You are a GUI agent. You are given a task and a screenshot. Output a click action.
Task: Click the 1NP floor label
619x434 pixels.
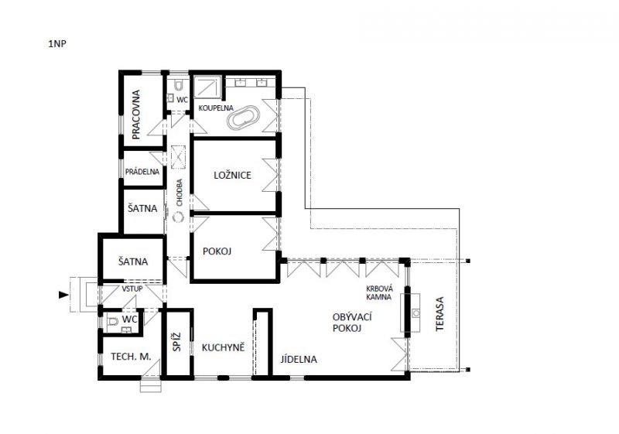[x=57, y=44]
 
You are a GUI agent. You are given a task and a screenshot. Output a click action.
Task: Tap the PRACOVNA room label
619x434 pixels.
[x=136, y=114]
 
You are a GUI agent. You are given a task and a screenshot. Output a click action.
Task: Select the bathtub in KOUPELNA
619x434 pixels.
[x=243, y=117]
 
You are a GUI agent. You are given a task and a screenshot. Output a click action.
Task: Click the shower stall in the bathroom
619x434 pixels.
[x=207, y=87]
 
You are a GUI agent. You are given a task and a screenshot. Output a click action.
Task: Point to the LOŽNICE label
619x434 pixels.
[x=233, y=175]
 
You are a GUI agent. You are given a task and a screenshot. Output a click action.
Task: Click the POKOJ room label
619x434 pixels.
[x=217, y=251]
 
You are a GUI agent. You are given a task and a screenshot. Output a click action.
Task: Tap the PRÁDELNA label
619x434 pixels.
[x=142, y=172]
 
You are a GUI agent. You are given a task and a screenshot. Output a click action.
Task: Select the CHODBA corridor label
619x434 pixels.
[x=180, y=193]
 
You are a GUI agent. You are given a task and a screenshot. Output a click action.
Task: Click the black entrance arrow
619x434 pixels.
[x=63, y=295]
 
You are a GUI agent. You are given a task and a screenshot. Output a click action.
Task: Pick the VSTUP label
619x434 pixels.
[x=132, y=289]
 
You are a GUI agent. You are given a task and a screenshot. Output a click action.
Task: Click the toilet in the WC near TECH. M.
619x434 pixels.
[x=112, y=322]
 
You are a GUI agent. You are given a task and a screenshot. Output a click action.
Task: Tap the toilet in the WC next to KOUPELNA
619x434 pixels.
[x=179, y=84]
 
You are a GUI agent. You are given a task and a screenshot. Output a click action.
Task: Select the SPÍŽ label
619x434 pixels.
[x=177, y=342]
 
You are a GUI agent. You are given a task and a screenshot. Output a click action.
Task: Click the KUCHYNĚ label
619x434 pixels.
[x=223, y=347]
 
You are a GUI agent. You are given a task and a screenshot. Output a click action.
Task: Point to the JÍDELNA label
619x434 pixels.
[x=299, y=360]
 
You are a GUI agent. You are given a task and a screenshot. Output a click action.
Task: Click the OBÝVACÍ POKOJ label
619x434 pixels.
[x=347, y=323]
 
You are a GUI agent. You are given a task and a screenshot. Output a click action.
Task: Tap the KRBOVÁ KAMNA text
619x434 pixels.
[x=379, y=292]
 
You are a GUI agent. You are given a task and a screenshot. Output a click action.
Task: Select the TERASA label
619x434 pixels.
[x=439, y=314]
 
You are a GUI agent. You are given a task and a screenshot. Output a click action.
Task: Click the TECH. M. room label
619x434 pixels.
[x=131, y=357]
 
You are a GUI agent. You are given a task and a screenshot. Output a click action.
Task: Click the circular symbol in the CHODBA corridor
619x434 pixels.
[x=179, y=217]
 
